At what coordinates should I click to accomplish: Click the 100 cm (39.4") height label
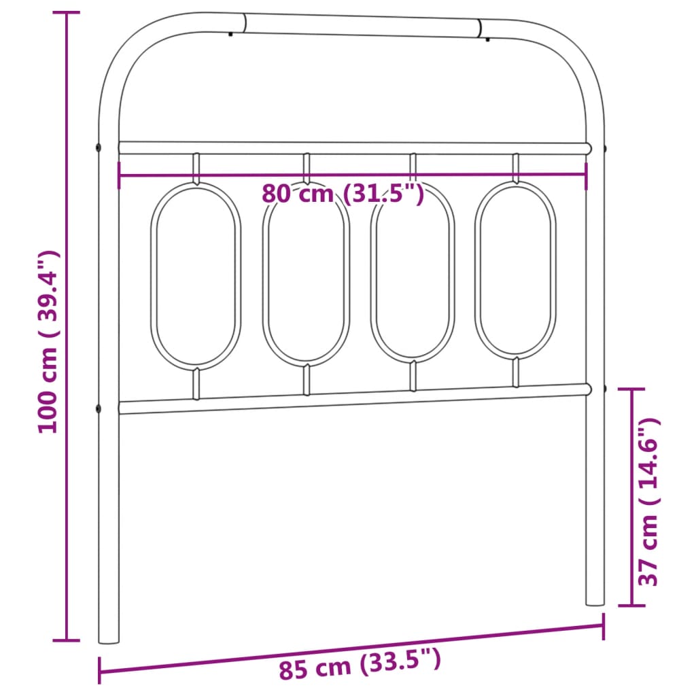pos(49,342)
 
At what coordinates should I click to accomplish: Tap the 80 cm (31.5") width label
pos(343,195)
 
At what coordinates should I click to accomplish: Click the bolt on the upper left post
pos(99,147)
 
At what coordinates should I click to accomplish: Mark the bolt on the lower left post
pos(99,408)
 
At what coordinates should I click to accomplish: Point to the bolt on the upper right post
pos(605,147)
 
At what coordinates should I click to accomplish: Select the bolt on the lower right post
pos(605,389)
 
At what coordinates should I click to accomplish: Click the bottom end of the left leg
pos(109,639)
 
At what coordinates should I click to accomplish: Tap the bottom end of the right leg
pos(595,602)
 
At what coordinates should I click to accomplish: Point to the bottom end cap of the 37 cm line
pos(632,605)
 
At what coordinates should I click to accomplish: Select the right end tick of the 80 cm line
pos(587,174)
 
